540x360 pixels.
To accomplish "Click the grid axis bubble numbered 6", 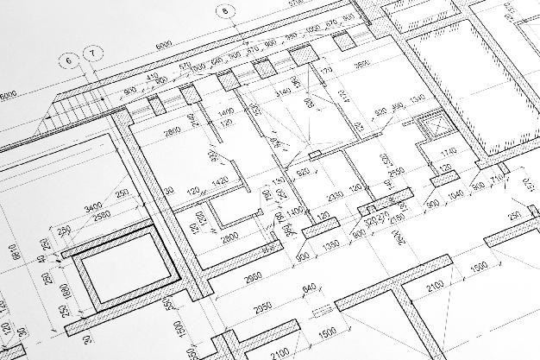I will coord(68,60).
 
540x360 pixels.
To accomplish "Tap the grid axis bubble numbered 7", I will coord(92,53).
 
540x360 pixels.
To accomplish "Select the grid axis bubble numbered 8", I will coord(227,11).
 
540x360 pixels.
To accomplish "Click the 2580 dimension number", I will coord(102,215).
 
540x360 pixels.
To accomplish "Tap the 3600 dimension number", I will coord(362,63).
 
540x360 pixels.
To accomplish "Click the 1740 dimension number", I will coord(447,153).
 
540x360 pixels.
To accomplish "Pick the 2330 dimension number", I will coord(336,196).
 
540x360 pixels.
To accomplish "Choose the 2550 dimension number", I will coord(396,173).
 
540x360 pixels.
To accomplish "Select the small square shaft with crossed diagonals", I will coord(429,127).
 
